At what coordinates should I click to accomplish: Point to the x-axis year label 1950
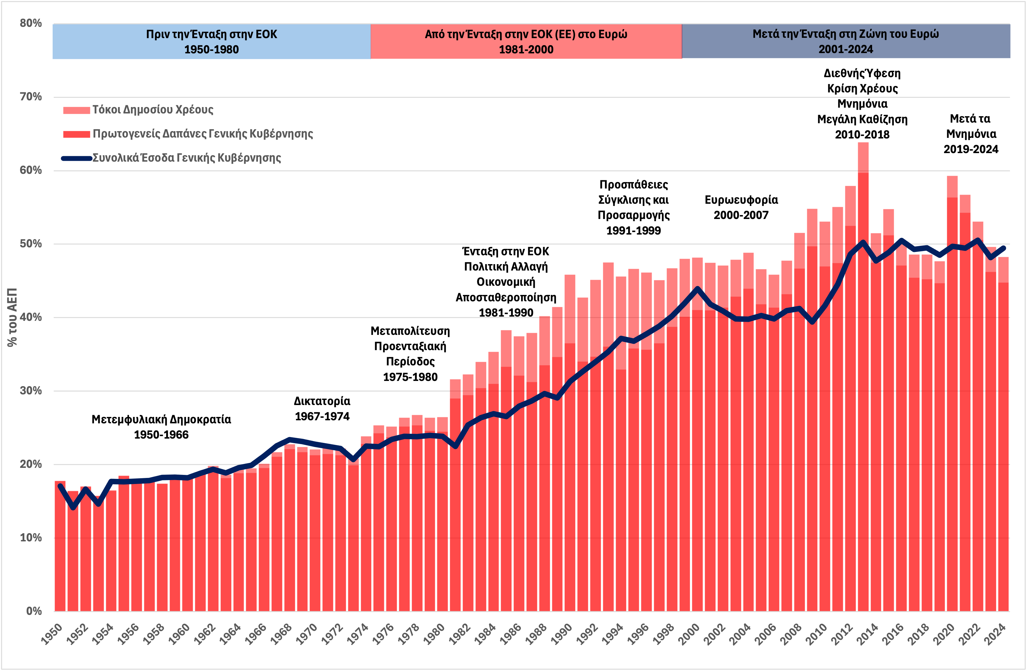pos(52,634)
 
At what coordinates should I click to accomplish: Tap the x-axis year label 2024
pos(995,634)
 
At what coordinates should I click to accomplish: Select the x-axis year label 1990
pos(561,634)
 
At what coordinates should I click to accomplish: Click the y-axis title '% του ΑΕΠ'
pos(12,317)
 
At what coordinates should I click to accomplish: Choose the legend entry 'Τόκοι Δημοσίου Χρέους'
pos(153,109)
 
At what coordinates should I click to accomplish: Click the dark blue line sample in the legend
pos(76,158)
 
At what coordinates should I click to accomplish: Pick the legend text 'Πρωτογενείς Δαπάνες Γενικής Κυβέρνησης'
pos(203,134)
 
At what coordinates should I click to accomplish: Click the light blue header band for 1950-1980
pos(211,41)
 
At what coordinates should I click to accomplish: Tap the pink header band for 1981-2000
pos(526,41)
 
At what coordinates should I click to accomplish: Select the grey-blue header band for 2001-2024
pos(846,41)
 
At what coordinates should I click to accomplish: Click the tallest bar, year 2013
pos(863,388)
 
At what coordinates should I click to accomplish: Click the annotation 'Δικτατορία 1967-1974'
pos(322,409)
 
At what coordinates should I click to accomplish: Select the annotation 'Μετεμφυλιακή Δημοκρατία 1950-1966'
pos(161,427)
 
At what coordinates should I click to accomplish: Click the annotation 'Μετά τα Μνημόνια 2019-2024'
pos(971,134)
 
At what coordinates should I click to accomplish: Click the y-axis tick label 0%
pos(34,611)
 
